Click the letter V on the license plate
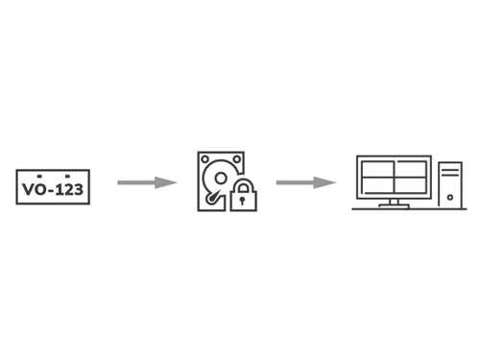27,189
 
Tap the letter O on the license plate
39,189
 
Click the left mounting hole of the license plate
36,177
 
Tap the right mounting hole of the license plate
67,177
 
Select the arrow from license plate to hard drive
147,182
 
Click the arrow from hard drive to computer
305,182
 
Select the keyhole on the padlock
244,201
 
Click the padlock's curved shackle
244,184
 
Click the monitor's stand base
394,205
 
